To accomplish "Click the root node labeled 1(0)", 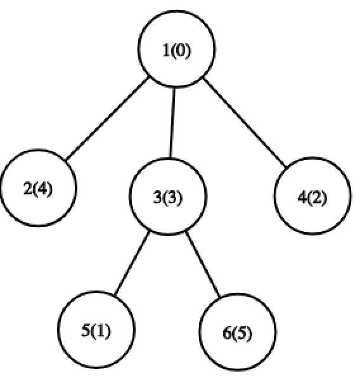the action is click(176, 49).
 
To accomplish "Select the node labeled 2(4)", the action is click(38, 188).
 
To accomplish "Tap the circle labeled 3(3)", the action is click(168, 197).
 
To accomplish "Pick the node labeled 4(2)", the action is click(312, 196).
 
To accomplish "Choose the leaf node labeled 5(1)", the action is click(96, 329).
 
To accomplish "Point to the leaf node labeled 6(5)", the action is click(238, 332).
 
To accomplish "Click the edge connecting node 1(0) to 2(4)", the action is click(107, 118).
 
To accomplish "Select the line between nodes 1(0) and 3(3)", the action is click(172, 123).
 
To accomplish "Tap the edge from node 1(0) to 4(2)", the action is click(245, 122).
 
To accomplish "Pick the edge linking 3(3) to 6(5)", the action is click(203, 265).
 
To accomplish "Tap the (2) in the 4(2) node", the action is click(317, 197).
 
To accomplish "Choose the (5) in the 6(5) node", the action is click(242, 333).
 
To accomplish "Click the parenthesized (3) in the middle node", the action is click(172, 197).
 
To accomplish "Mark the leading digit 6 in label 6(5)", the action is click(228, 333).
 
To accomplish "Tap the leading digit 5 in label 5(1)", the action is click(86, 330).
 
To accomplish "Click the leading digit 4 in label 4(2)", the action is click(302, 197).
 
